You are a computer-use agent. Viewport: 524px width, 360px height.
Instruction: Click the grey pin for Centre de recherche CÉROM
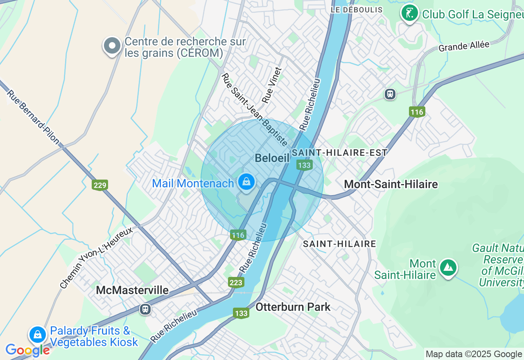click(x=112, y=46)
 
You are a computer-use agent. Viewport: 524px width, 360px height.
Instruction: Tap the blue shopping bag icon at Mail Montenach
click(x=246, y=182)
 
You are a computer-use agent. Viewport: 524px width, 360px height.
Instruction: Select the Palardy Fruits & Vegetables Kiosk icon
click(x=38, y=335)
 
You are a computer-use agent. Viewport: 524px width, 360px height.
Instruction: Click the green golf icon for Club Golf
click(x=409, y=13)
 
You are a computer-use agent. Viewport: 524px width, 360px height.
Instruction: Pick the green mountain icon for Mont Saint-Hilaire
click(x=448, y=268)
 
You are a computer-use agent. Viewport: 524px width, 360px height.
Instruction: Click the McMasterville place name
click(x=132, y=290)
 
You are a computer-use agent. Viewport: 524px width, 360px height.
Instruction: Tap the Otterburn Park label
click(x=293, y=307)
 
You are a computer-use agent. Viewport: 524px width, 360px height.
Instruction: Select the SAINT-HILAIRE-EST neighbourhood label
click(x=340, y=153)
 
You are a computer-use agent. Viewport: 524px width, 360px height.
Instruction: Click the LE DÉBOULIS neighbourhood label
click(x=357, y=10)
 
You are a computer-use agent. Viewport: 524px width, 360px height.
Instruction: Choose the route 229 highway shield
click(x=100, y=185)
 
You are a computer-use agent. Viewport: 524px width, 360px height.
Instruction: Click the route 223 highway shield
click(x=236, y=282)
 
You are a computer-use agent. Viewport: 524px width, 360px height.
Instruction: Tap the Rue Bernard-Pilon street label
click(x=33, y=117)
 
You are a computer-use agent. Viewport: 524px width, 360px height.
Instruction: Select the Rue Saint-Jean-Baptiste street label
click(x=254, y=110)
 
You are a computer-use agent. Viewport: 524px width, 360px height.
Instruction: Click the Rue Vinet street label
click(x=272, y=85)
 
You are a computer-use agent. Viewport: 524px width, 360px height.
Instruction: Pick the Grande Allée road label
click(x=464, y=46)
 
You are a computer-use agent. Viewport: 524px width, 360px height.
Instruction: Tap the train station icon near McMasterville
click(x=145, y=309)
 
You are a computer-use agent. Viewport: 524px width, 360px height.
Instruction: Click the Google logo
click(x=27, y=350)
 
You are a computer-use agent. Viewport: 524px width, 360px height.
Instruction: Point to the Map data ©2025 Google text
click(x=474, y=354)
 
